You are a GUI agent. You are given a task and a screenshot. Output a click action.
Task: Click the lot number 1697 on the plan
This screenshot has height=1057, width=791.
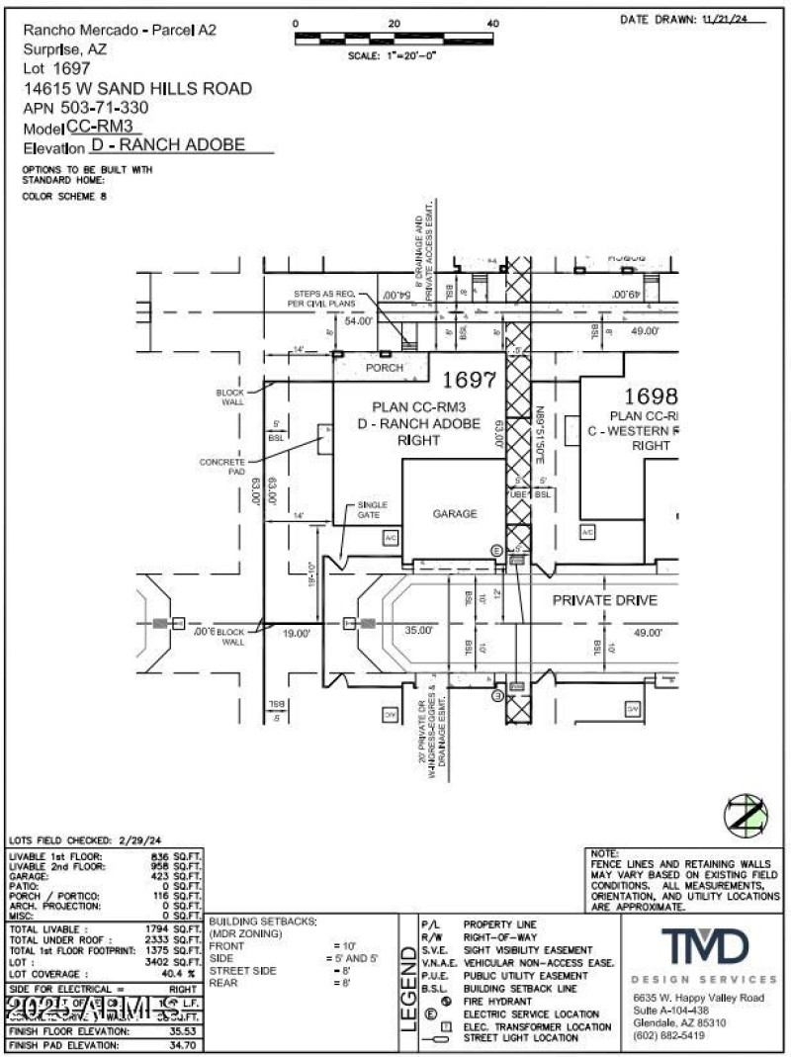tap(468, 379)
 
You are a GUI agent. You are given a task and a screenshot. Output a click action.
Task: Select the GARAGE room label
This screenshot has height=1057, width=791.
tap(454, 513)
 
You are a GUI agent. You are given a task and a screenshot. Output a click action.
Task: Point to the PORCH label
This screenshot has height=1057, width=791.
tap(385, 368)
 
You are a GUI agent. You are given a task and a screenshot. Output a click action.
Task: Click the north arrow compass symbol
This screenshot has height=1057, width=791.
tap(747, 814)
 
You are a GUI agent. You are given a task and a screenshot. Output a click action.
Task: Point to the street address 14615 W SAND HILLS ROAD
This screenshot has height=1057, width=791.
tap(137, 88)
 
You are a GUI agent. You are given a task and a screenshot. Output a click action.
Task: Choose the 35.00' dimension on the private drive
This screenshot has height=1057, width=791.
tap(418, 630)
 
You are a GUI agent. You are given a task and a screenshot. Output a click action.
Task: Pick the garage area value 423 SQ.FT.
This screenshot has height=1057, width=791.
tap(180, 875)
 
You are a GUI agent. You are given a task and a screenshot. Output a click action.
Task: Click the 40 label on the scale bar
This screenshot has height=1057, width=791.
tap(493, 23)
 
